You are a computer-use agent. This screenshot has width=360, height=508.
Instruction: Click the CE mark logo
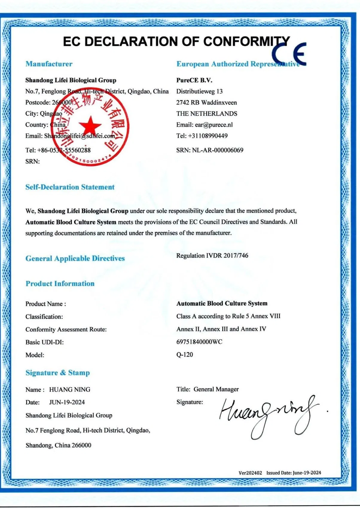289,54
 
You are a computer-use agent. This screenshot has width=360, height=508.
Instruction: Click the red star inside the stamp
90,126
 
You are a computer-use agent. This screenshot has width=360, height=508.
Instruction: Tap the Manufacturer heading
49,64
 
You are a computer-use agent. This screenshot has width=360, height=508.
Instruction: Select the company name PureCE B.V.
194,80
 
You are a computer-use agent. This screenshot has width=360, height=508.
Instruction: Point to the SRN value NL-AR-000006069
217,150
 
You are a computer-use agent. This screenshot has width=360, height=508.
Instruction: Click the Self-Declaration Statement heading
70,187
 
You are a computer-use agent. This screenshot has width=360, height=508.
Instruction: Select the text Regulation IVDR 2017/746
212,256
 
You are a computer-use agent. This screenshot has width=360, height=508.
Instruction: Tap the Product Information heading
60,284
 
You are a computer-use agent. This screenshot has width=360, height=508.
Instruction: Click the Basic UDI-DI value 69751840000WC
199,342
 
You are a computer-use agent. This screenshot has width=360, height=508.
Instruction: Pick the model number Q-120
184,355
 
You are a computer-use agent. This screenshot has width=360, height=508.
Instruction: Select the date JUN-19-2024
67,403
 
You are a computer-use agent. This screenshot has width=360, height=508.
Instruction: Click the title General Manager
216,389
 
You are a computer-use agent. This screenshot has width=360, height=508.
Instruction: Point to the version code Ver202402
250,473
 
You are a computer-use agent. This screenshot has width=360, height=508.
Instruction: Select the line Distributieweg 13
199,91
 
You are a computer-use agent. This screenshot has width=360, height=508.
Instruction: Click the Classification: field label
44,317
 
